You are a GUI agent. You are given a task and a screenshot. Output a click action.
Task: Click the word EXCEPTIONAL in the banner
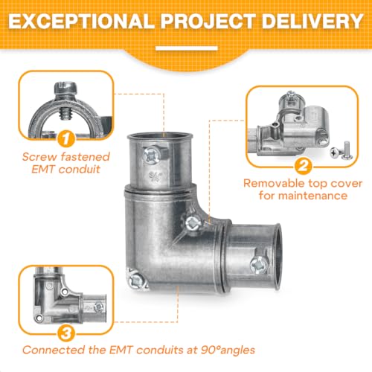(x=81, y=21)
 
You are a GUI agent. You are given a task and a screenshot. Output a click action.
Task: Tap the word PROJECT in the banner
(x=208, y=21)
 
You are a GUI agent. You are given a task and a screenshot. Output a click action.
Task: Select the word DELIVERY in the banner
(x=312, y=21)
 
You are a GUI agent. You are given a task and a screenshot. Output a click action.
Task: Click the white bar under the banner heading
(x=187, y=48)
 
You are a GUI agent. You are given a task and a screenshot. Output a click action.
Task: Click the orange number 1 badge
(x=66, y=139)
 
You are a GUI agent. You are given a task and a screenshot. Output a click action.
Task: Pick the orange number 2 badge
(x=303, y=166)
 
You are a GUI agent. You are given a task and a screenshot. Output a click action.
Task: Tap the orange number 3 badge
(x=66, y=333)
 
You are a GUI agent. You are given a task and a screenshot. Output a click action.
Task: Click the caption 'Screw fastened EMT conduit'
(x=66, y=163)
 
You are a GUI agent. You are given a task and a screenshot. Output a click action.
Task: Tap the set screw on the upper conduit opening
(x=152, y=155)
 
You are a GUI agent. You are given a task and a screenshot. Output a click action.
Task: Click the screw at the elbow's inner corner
(x=193, y=222)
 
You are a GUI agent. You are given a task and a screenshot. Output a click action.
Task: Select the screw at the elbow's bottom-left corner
(x=136, y=280)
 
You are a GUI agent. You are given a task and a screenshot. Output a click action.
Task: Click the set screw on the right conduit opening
(x=259, y=265)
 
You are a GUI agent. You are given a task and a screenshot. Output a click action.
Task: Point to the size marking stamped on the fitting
(x=155, y=177)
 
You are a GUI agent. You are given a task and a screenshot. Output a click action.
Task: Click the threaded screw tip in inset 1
(x=65, y=114)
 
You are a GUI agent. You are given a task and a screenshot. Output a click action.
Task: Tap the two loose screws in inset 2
(x=341, y=151)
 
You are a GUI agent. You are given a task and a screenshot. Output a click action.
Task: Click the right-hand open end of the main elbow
(x=278, y=257)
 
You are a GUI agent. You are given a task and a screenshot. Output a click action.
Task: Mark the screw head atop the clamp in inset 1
(x=65, y=87)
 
